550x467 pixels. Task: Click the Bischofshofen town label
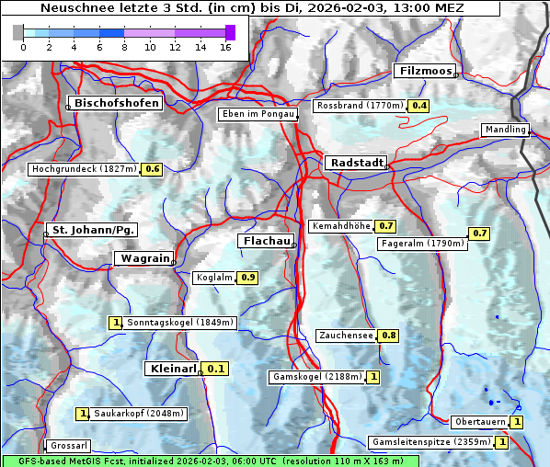coord(118,104)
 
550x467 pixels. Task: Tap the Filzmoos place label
coord(424,71)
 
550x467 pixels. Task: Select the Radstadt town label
coord(355,163)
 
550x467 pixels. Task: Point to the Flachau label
coord(266,241)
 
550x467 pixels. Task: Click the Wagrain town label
coord(143,259)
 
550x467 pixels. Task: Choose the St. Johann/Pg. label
coord(93,229)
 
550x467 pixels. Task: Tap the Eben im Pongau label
coord(257,114)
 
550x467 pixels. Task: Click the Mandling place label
coord(504,130)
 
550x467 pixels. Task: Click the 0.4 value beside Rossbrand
coord(419,106)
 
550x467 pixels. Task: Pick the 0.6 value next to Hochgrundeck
coord(152,169)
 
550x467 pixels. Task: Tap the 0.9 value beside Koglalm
coord(247,277)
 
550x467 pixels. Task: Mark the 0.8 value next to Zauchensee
coord(389,336)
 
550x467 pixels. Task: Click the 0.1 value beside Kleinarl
coord(216,369)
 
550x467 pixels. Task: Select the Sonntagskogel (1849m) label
coord(181,323)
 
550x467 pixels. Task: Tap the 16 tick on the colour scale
coord(225,48)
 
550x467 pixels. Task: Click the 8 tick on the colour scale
coord(124,48)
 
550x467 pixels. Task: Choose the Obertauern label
coord(480,422)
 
